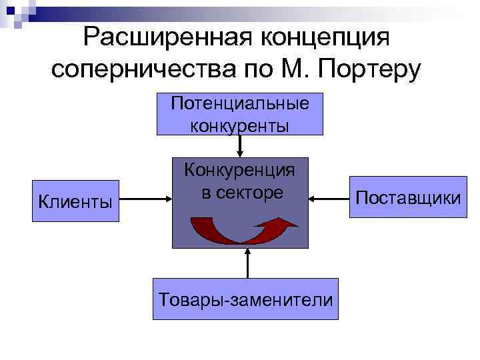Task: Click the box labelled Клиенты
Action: click(x=75, y=199)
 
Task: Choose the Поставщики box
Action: click(x=408, y=198)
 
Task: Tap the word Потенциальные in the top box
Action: click(x=240, y=104)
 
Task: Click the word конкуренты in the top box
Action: click(x=240, y=125)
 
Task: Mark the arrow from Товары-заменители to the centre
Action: click(x=247, y=263)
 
